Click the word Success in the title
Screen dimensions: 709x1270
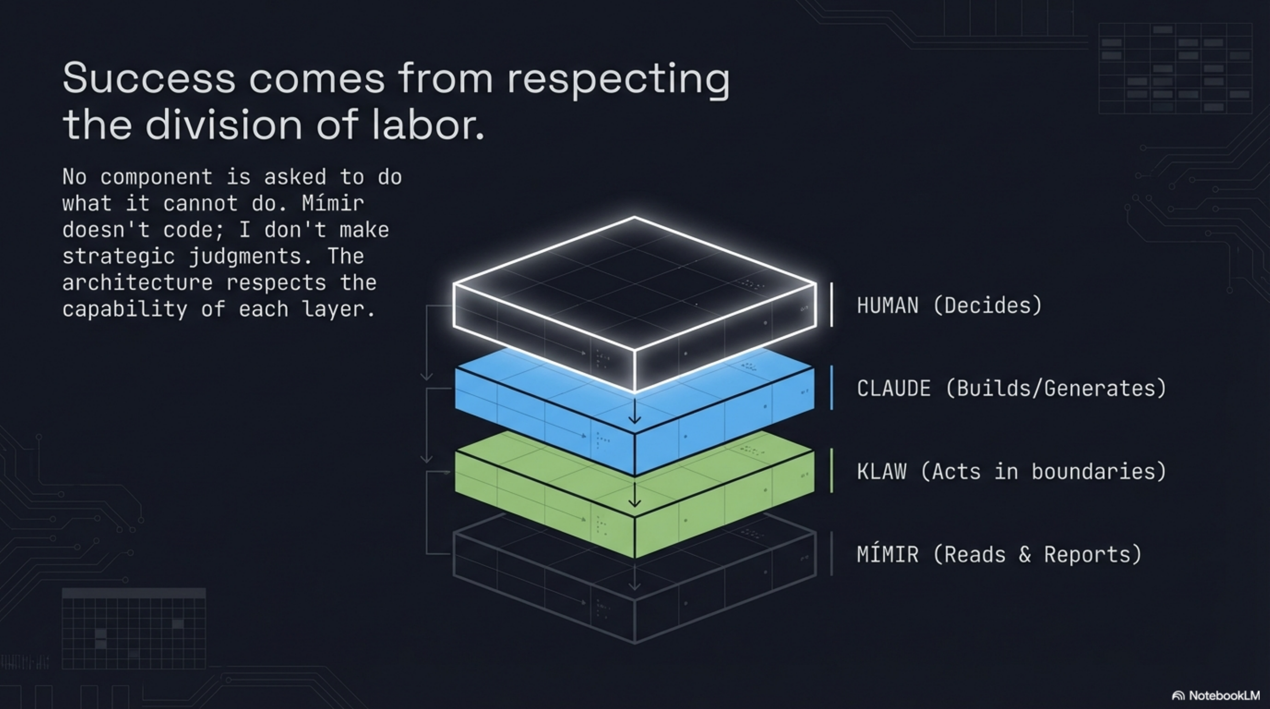[x=149, y=79]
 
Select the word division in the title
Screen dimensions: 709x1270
[x=223, y=125]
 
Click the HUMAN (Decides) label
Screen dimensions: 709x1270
[x=949, y=305]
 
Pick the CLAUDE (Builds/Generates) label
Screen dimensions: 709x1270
[x=1011, y=388]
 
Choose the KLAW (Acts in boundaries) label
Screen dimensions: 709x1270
[x=1011, y=471]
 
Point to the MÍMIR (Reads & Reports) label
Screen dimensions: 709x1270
[x=999, y=554]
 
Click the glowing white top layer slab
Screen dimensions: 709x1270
[x=634, y=286]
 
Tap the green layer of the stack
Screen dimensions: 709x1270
[x=542, y=493]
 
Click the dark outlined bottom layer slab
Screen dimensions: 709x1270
[x=542, y=582]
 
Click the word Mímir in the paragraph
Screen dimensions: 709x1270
[x=333, y=203]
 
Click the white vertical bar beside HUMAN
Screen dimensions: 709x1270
[x=832, y=304]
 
